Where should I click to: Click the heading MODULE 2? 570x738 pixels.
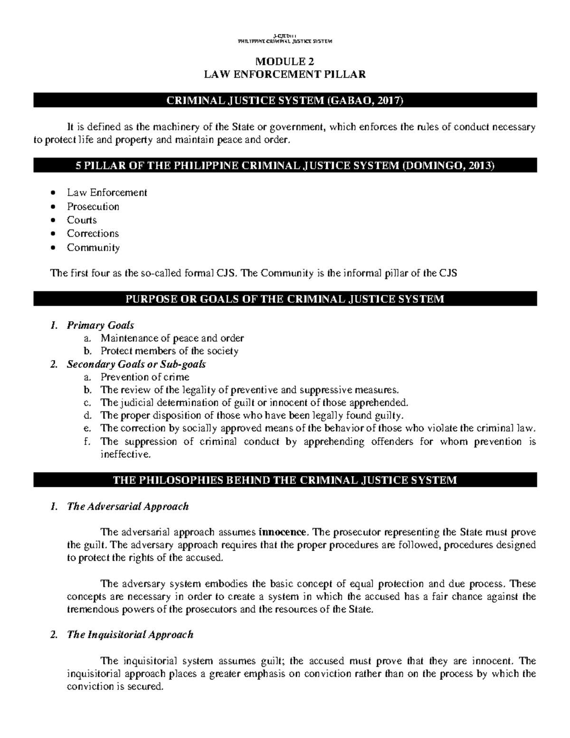[285, 61]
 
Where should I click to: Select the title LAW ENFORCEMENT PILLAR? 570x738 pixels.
[285, 74]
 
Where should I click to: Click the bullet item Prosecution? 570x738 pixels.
[93, 207]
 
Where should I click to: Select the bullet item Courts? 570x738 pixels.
[82, 220]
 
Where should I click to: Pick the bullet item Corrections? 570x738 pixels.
[93, 233]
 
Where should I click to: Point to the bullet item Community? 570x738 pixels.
[93, 248]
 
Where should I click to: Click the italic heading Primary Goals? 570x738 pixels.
[100, 325]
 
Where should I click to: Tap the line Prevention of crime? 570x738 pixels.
[145, 377]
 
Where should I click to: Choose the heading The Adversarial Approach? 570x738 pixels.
[128, 507]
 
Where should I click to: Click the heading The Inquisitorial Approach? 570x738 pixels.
[130, 635]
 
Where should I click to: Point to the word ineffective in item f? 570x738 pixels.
[125, 454]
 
